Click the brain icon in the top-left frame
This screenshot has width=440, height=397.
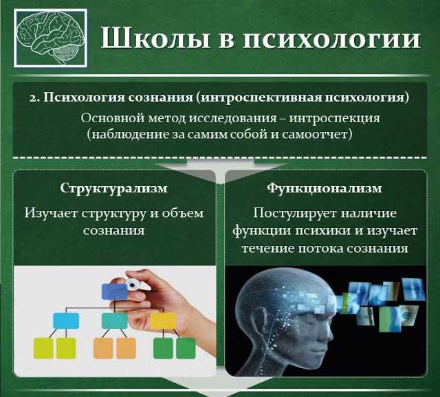pyautogui.click(x=50, y=38)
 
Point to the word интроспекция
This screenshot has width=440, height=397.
pyautogui.click(x=334, y=118)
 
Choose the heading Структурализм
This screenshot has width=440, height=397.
pyautogui.click(x=114, y=188)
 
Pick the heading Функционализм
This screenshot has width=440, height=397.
pyautogui.click(x=324, y=188)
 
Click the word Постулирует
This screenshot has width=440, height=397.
pyautogui.click(x=295, y=214)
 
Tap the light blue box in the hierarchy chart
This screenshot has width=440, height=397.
pyautogui.click(x=66, y=321)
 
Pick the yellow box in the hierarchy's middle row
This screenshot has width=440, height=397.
pyautogui.click(x=164, y=321)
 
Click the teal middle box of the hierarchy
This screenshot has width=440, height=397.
pyautogui.click(x=115, y=321)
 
